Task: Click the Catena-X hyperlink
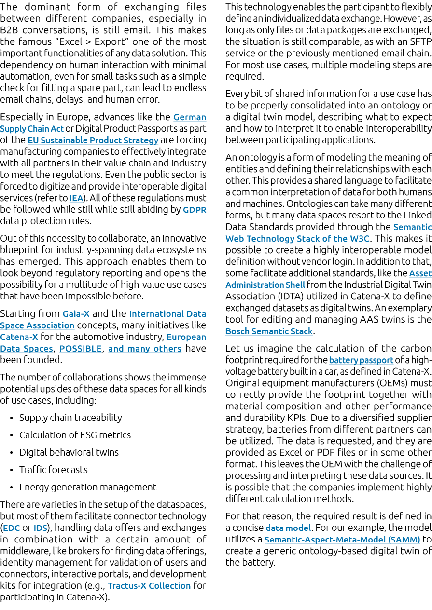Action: point(19,337)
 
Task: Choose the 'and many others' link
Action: point(145,349)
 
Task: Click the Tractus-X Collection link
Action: point(149,586)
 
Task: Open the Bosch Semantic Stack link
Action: point(269,331)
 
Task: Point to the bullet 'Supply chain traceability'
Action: point(70,418)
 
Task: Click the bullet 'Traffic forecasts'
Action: point(54,470)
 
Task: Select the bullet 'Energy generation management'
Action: point(88,487)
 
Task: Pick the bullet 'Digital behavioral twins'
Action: point(69,452)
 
